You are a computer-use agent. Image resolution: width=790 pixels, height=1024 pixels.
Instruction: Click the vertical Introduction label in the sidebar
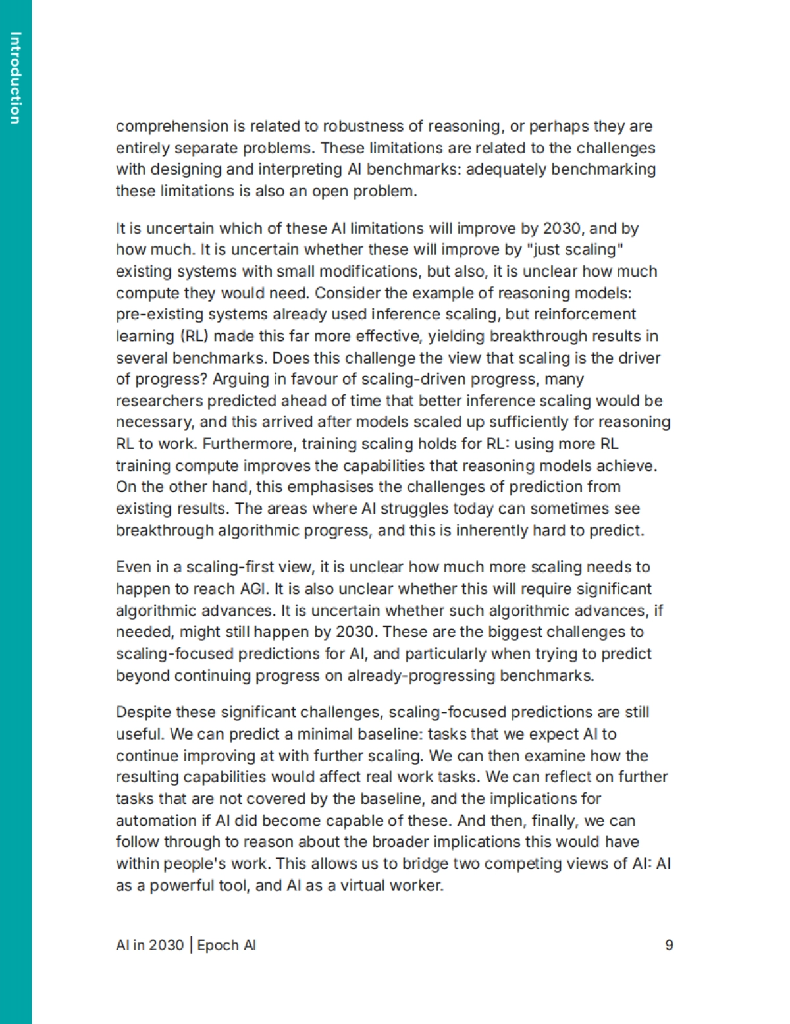tap(16, 78)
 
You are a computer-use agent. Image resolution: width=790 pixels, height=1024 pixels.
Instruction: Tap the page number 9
tap(669, 945)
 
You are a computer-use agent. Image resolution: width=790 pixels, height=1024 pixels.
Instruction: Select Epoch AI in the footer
tap(226, 945)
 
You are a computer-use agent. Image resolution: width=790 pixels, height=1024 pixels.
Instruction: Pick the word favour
tap(296, 379)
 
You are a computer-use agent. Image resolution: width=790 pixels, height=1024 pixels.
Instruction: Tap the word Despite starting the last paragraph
tap(142, 713)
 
